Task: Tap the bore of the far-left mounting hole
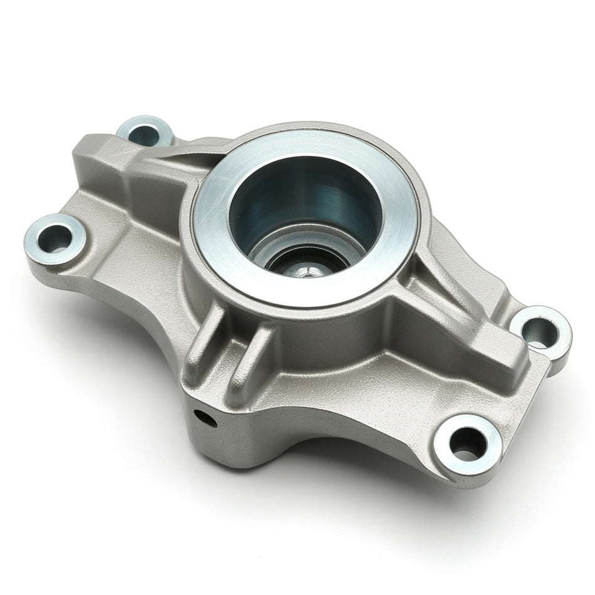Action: [54, 238]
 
